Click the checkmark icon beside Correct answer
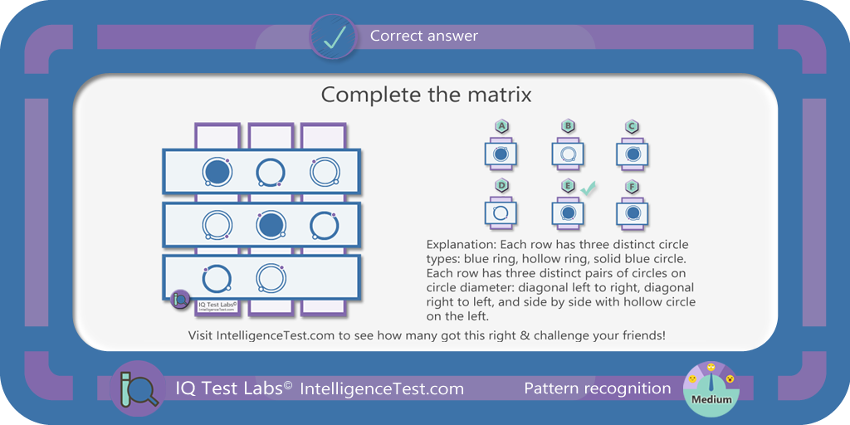click(x=333, y=37)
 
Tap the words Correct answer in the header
click(x=424, y=37)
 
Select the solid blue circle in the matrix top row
click(x=217, y=172)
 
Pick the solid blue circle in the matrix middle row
click(x=270, y=225)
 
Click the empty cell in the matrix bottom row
click(x=324, y=277)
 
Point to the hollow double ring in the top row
click(x=325, y=172)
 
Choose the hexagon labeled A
click(x=502, y=127)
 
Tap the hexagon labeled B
click(x=568, y=127)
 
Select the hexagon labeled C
click(x=632, y=127)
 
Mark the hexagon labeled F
click(x=632, y=187)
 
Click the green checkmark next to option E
click(x=589, y=188)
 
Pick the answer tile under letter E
click(x=568, y=213)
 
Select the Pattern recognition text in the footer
click(x=598, y=388)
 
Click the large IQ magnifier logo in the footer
click(x=138, y=388)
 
